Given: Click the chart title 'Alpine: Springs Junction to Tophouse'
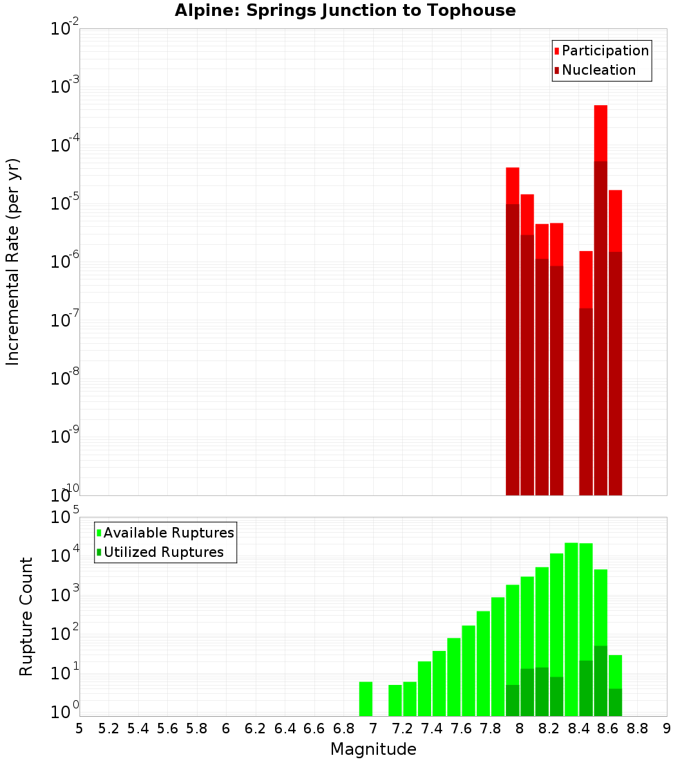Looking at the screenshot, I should (345, 10).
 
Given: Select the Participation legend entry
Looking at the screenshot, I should (601, 51).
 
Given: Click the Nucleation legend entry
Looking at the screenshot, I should (594, 70).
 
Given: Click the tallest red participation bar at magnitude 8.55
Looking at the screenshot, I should (600, 131).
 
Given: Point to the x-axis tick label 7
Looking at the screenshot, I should (373, 728).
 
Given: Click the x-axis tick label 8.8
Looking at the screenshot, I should (637, 728).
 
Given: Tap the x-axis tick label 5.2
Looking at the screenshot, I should (108, 728).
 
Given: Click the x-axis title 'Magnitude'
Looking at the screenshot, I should (373, 749).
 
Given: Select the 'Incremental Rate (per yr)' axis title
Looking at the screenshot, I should (13, 262).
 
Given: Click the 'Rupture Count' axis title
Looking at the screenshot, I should (26, 616).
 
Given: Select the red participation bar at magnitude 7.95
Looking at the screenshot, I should (512, 185).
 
